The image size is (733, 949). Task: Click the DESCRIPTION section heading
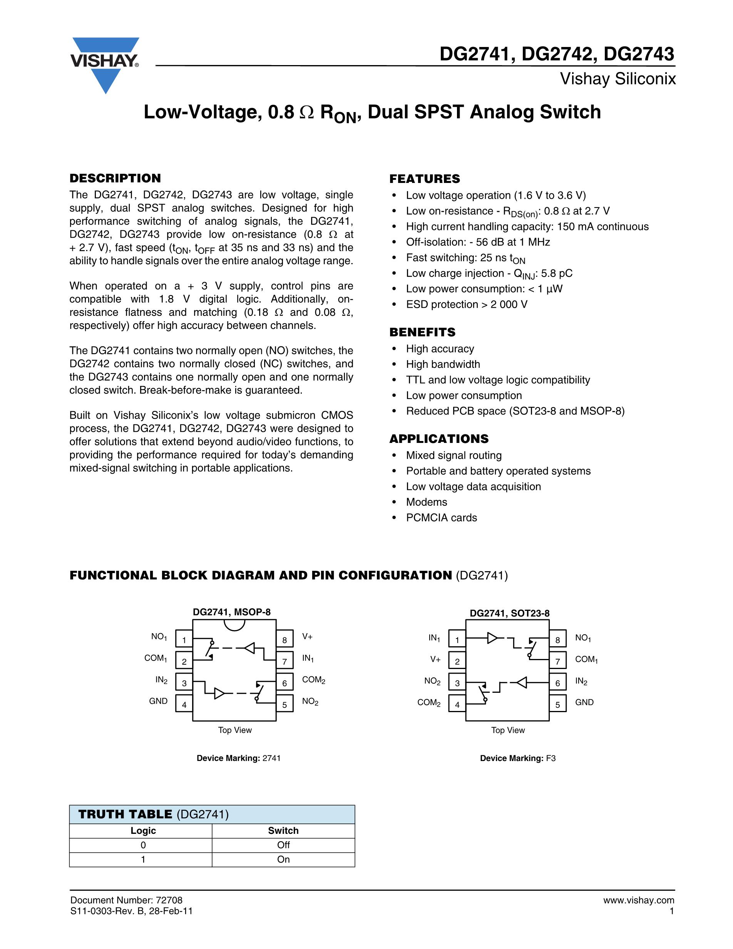(115, 178)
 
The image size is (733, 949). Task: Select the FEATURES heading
(424, 179)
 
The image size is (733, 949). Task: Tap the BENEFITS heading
(422, 332)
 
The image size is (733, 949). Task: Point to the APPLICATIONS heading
(438, 438)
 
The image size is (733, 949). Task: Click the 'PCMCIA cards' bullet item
(441, 518)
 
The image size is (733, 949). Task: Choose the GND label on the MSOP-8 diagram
(158, 701)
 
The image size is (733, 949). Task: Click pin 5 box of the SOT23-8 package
(557, 704)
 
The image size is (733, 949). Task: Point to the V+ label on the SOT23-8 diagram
(435, 660)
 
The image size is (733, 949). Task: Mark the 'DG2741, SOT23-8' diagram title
(509, 613)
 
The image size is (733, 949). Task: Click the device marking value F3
(551, 758)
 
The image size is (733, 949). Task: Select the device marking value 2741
(271, 758)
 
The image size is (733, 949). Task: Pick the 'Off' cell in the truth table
(283, 845)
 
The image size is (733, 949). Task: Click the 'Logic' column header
(143, 830)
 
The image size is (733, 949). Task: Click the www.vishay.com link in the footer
(638, 900)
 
